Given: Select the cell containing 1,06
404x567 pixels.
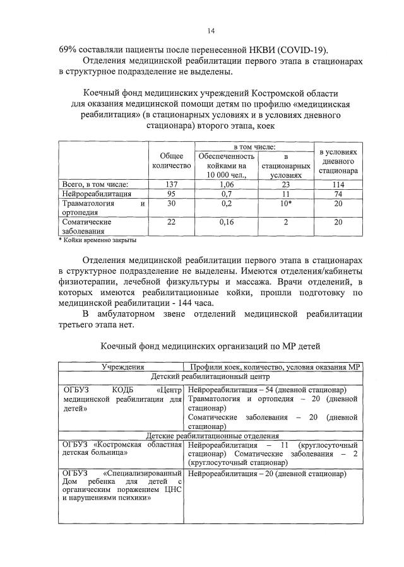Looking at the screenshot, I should pyautogui.click(x=227, y=184).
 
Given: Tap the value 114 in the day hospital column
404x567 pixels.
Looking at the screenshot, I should pyautogui.click(x=338, y=184).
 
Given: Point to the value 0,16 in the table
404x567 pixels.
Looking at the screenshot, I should pyautogui.click(x=227, y=222).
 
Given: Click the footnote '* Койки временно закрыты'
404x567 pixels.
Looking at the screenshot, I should pyautogui.click(x=97, y=240).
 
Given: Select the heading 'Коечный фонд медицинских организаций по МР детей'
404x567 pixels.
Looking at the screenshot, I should pyautogui.click(x=211, y=346).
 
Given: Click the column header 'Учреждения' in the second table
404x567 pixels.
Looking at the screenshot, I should pyautogui.click(x=121, y=366).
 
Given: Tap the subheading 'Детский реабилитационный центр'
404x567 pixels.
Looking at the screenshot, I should pyautogui.click(x=211, y=376).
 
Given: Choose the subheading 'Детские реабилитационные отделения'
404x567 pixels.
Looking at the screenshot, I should pyautogui.click(x=211, y=435).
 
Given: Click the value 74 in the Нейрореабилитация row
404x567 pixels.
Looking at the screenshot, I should pyautogui.click(x=338, y=194).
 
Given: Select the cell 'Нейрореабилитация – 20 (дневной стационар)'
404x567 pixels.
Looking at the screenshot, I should pyautogui.click(x=267, y=473).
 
